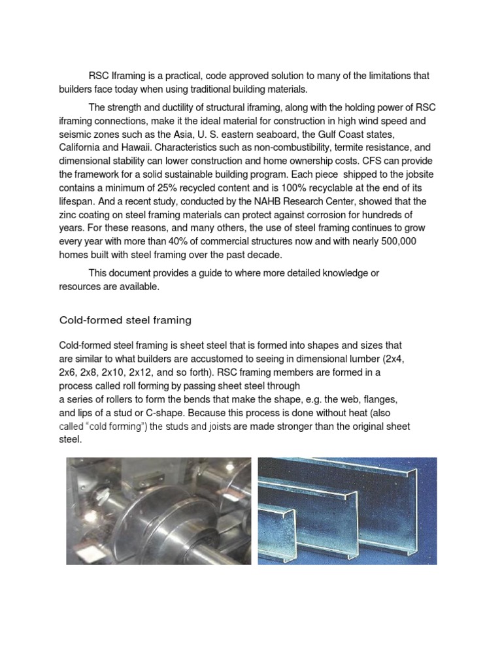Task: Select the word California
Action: pyautogui.click(x=83, y=147)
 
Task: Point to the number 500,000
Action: pyautogui.click(x=393, y=242)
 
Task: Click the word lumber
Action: pyautogui.click(x=367, y=359)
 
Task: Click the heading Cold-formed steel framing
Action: pyautogui.click(x=125, y=320)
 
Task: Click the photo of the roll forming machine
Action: pyautogui.click(x=159, y=511)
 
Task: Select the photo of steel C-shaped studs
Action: pyautogui.click(x=347, y=511)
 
